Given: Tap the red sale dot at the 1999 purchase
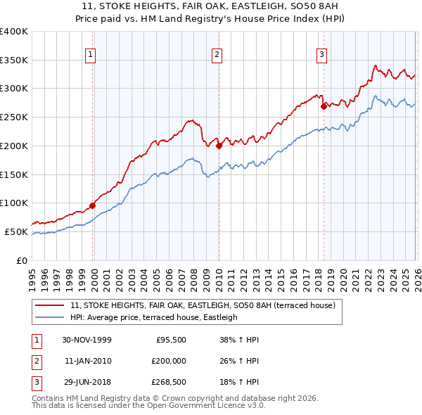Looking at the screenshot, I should pos(93,206).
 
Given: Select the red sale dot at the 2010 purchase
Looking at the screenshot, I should pos(219,146).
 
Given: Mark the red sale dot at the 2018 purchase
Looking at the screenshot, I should pos(324,107).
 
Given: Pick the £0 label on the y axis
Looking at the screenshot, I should pos(21,260).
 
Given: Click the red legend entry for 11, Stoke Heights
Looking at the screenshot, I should pos(203,305).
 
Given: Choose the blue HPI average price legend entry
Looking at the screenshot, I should pos(154,317).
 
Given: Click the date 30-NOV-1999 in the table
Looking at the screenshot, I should pos(87,339).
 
